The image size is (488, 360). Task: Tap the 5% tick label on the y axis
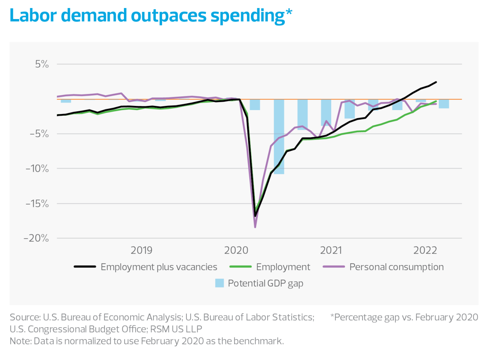pyautogui.click(x=42, y=64)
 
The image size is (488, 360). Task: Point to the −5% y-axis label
pyautogui.click(x=40, y=134)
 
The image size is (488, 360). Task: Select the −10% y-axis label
pyautogui.click(x=37, y=168)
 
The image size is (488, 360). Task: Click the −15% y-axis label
pyautogui.click(x=37, y=203)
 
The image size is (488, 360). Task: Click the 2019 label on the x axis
pyautogui.click(x=141, y=250)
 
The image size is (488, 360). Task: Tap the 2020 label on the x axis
pyautogui.click(x=236, y=250)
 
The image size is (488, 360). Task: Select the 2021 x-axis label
pyautogui.click(x=331, y=250)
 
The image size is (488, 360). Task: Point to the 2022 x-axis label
pyautogui.click(x=425, y=250)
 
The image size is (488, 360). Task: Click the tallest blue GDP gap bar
pyautogui.click(x=279, y=136)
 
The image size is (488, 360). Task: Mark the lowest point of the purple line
pyautogui.click(x=255, y=227)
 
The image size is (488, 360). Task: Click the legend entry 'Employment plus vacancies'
pyautogui.click(x=159, y=267)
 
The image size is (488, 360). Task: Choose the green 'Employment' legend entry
pyautogui.click(x=283, y=267)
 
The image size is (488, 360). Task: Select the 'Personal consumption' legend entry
pyautogui.click(x=396, y=267)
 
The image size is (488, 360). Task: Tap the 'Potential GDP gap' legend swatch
pyautogui.click(x=219, y=283)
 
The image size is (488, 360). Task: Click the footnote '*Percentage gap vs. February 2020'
pyautogui.click(x=404, y=317)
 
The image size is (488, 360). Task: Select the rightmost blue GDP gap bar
pyautogui.click(x=443, y=104)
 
